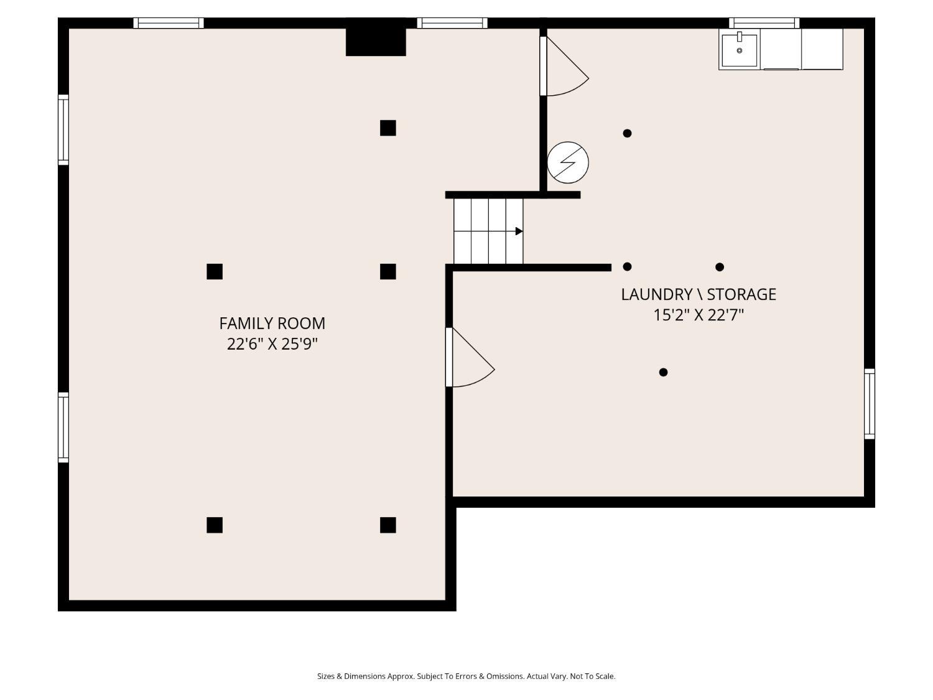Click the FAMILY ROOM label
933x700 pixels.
[272, 324]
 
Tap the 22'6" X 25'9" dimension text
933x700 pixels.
[272, 344]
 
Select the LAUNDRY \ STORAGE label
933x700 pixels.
[699, 294]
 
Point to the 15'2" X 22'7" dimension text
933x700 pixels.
[699, 315]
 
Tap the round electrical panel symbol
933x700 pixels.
[568, 162]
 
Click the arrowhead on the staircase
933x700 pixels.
[519, 231]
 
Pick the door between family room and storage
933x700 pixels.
[470, 357]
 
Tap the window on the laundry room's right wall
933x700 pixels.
[870, 404]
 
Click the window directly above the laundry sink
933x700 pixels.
[764, 23]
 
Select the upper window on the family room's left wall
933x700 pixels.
[63, 129]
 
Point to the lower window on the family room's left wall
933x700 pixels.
[63, 427]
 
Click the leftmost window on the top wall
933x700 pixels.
[169, 23]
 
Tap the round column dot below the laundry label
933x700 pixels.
[663, 372]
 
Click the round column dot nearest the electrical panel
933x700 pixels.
[627, 133]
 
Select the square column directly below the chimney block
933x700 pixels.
[388, 128]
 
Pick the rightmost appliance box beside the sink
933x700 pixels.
[822, 49]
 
